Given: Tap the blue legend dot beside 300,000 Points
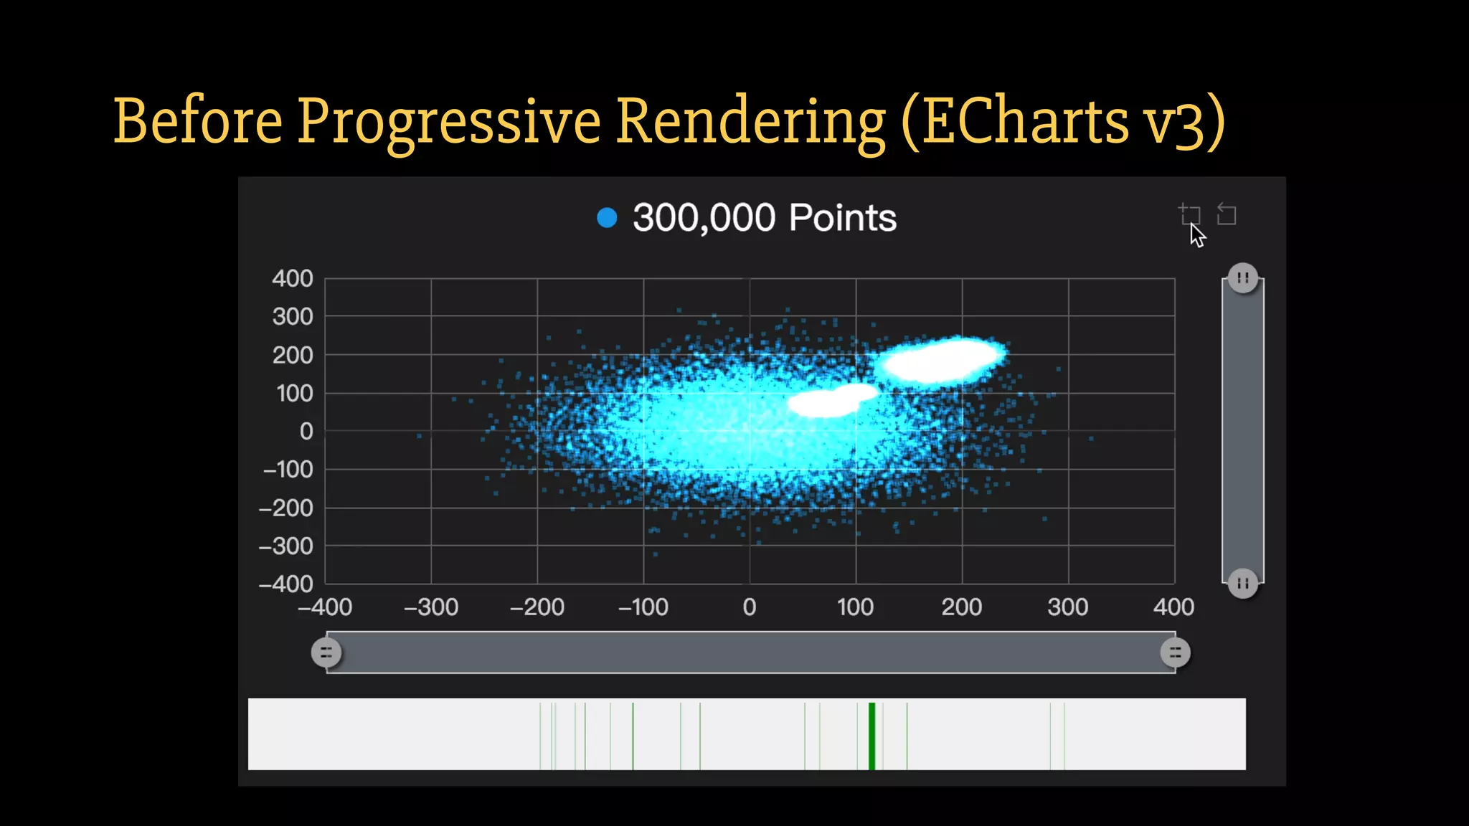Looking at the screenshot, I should pos(607,218).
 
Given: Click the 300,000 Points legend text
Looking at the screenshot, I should pos(764,218).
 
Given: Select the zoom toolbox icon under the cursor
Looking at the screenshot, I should pos(1189,214).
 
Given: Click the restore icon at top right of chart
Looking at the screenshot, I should pos(1227,214).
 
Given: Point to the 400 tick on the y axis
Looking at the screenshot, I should pos(293,278).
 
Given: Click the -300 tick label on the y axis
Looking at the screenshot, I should pos(286,546).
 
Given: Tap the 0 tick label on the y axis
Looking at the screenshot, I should pos(306,431).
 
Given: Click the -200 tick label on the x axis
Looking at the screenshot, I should pos(537,607).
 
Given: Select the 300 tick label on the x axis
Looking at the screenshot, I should pos(1068,607).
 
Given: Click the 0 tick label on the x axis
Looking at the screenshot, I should pos(750,607).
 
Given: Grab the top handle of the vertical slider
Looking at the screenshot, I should pos(1243,278).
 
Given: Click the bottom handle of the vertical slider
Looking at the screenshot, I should pos(1243,583).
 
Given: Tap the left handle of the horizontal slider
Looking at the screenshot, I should pos(326,652).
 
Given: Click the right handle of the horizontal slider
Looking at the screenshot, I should pos(1175,652).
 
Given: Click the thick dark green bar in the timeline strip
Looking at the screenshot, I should pos(872,736).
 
